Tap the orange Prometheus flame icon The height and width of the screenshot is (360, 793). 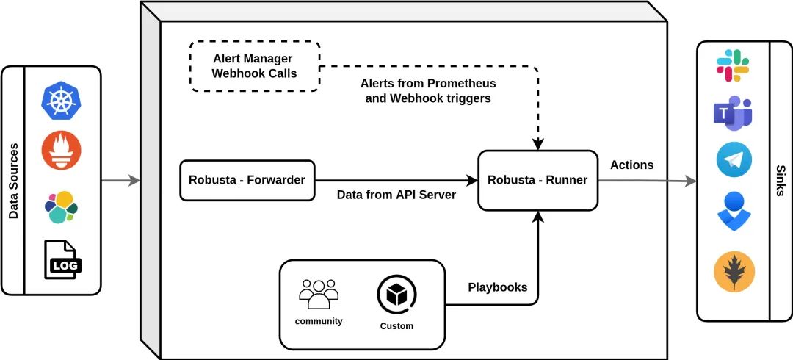point(61,151)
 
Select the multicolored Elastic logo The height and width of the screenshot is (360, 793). point(61,207)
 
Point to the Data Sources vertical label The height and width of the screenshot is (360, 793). point(14,181)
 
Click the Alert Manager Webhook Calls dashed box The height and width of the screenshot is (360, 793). point(255,66)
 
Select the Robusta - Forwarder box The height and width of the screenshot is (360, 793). point(247,180)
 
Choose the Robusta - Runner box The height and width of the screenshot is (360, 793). point(537,180)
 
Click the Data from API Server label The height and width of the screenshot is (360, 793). point(396,195)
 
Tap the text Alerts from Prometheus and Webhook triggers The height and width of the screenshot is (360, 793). point(428,90)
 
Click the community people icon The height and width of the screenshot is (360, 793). point(319,294)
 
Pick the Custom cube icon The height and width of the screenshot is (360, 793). point(396,295)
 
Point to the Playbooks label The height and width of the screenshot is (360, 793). point(498,287)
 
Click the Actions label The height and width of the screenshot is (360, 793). point(631,165)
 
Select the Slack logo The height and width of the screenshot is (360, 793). point(733,65)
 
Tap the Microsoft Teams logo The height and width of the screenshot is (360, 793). point(733,113)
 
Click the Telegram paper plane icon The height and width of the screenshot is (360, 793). point(734,159)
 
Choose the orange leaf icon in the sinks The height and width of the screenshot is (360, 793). point(734,273)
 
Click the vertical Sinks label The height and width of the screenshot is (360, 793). point(781,181)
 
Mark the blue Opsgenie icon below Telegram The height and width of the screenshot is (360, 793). point(734,211)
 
